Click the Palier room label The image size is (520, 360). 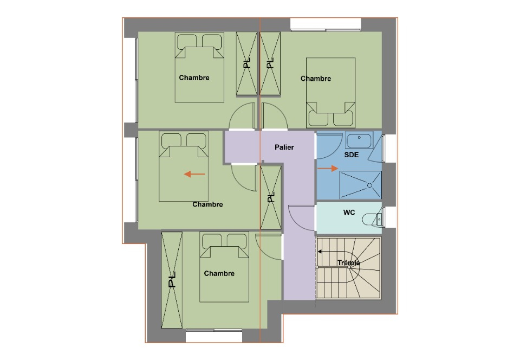[284, 147]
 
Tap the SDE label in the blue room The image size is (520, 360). [351, 155]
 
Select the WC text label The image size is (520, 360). [349, 213]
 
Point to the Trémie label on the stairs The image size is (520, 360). [348, 263]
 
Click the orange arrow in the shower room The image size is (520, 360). [328, 169]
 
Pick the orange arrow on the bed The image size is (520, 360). [194, 174]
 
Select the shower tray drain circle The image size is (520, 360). [369, 186]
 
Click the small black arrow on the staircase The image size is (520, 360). [320, 252]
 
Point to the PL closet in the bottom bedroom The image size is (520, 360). [172, 280]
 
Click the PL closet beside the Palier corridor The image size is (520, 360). [271, 197]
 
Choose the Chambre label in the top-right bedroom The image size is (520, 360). [316, 79]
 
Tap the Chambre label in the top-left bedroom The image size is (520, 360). [194, 78]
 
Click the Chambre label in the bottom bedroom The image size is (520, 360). [219, 273]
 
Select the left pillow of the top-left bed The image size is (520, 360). [187, 41]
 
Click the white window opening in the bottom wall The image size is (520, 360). [214, 337]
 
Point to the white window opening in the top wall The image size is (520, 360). [326, 24]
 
